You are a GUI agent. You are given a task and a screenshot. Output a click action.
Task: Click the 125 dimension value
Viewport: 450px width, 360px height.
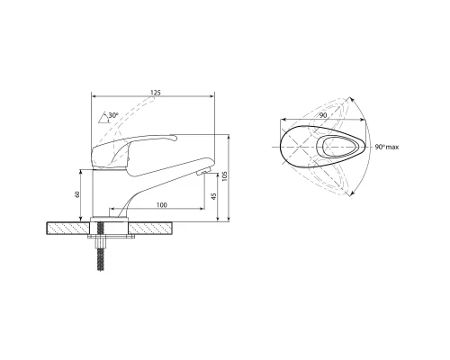click(156, 93)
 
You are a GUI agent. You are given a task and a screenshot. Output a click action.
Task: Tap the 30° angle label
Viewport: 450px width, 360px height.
click(113, 115)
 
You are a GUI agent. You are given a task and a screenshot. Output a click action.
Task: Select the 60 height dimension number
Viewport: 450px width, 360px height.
click(77, 194)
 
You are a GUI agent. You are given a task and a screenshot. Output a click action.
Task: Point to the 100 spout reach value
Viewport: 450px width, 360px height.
click(161, 205)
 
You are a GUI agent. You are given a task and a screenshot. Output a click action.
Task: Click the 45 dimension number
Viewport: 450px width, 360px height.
click(213, 196)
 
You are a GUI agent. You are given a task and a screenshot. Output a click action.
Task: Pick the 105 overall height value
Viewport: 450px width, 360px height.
click(225, 176)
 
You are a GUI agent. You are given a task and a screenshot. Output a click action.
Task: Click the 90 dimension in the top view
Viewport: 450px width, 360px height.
click(323, 115)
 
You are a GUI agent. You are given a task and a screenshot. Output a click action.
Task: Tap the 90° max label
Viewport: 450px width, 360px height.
click(387, 147)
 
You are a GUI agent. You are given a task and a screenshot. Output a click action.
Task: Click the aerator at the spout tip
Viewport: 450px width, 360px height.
click(202, 172)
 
